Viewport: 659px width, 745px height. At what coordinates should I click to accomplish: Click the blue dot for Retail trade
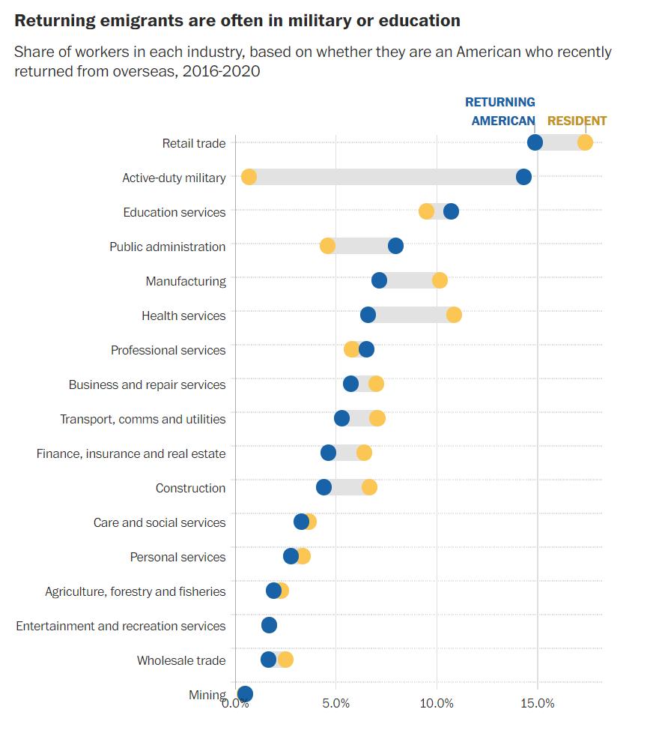coord(535,142)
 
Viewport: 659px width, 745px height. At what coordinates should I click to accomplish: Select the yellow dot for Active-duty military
coord(249,177)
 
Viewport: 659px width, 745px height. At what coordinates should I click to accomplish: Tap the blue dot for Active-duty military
coord(523,177)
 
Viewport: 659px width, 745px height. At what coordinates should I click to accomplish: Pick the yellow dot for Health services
coord(454,315)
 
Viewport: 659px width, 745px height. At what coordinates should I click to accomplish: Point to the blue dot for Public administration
coord(395,246)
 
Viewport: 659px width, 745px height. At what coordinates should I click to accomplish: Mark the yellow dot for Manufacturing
coord(440,280)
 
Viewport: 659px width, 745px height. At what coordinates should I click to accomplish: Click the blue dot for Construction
coord(324,487)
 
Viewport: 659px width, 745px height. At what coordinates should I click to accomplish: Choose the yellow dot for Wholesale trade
coord(285,660)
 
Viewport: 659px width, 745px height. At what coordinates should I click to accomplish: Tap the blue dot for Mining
coord(245,694)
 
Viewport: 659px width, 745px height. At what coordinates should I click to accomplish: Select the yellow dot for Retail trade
coord(585,142)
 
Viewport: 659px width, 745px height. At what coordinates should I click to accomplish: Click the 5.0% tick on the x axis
coord(335,704)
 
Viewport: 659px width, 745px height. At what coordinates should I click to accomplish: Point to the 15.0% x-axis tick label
coord(537,704)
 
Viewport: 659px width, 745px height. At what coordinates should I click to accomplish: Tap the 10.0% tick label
coord(437,704)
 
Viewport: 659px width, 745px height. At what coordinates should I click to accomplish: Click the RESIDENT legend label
coord(577,121)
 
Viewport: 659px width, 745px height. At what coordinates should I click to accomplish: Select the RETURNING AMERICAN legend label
coord(501,111)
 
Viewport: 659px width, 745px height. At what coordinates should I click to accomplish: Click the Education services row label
coord(174,212)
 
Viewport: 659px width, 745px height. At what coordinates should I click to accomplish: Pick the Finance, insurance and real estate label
coord(131,453)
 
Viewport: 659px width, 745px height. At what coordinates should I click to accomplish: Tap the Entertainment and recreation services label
coord(121,626)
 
